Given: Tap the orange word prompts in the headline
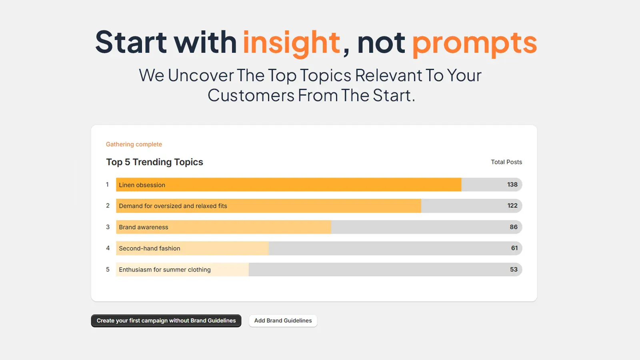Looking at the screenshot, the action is [474, 44].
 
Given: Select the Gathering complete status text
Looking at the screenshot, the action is [134, 144].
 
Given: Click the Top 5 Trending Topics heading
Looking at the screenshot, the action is [154, 162].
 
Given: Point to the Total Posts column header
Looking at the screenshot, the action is [506, 162].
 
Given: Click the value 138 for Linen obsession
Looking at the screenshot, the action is [512, 184].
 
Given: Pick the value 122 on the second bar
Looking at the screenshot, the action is [512, 206].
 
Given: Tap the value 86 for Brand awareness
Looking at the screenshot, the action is [514, 227].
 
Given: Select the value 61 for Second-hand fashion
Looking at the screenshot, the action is [514, 248].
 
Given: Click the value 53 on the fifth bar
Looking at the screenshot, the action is [514, 270].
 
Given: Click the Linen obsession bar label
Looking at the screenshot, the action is [142, 185].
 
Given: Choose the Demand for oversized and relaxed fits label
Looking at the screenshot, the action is [173, 206].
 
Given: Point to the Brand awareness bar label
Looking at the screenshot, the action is [144, 227].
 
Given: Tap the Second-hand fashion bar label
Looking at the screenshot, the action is [150, 248].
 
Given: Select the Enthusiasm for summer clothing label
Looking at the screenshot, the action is [164, 270].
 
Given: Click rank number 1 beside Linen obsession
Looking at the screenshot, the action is [107, 184].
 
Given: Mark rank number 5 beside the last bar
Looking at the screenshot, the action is [108, 270].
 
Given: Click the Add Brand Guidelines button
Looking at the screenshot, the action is [283, 320].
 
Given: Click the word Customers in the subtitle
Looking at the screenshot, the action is [251, 96].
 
